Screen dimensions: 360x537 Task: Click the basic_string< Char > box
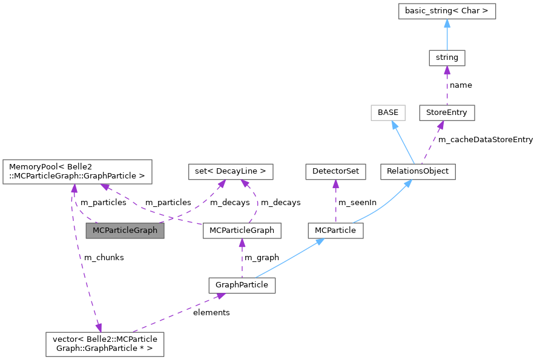(x=447, y=10)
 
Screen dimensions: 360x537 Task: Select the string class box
(x=447, y=58)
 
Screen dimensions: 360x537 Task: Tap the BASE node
(x=387, y=113)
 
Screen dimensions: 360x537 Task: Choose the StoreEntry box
(x=447, y=113)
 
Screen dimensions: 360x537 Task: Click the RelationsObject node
(x=417, y=171)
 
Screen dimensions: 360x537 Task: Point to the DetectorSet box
(x=335, y=171)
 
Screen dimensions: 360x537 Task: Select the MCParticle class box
(x=335, y=231)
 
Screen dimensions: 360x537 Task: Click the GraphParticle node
(x=242, y=284)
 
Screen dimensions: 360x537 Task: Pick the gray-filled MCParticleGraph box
(x=125, y=231)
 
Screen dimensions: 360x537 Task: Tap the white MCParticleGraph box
(x=242, y=231)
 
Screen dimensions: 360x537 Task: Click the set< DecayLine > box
(x=231, y=171)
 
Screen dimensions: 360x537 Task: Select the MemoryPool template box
(x=77, y=171)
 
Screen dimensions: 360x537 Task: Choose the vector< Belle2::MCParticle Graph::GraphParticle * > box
(x=105, y=343)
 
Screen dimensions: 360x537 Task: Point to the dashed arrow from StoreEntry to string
(x=447, y=85)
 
